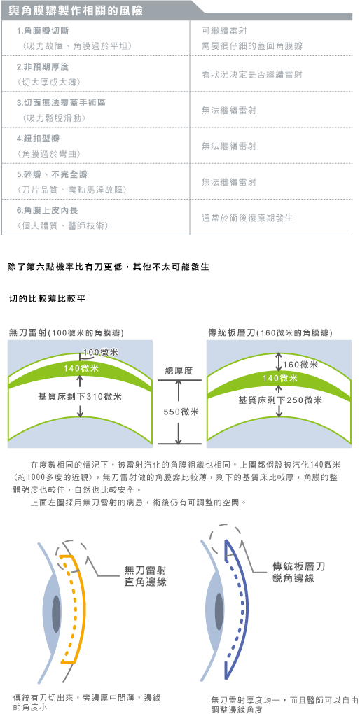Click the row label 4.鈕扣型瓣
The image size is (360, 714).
38,139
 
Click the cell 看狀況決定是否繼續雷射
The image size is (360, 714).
251,74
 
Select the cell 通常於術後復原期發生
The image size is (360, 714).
247,218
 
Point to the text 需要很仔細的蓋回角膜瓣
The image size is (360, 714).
251,46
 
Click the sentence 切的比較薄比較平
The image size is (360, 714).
45,299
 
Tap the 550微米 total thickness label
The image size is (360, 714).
181,412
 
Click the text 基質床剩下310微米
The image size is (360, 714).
80,397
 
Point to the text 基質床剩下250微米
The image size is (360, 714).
280,400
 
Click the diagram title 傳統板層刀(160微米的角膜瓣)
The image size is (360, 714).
270,333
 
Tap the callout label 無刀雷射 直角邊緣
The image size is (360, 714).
146,576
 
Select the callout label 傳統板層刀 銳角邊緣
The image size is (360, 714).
298,572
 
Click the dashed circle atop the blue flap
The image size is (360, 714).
226,537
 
